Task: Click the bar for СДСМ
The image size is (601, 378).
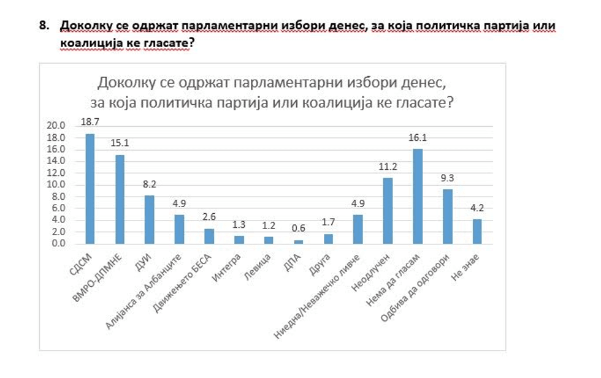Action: [90, 189]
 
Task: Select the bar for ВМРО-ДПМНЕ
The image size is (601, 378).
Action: [120, 199]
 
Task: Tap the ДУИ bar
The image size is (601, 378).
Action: [150, 219]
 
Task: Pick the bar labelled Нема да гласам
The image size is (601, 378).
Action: [418, 196]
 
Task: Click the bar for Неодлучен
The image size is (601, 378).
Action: [388, 211]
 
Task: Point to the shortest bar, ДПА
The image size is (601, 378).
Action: [299, 242]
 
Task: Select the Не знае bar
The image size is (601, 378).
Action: [477, 231]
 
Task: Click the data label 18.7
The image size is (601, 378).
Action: [90, 123]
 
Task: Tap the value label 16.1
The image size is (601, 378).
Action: [418, 138]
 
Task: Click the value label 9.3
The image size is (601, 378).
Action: [448, 179]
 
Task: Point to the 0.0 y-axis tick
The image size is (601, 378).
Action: [58, 244]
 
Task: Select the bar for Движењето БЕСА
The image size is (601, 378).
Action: [209, 236]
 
